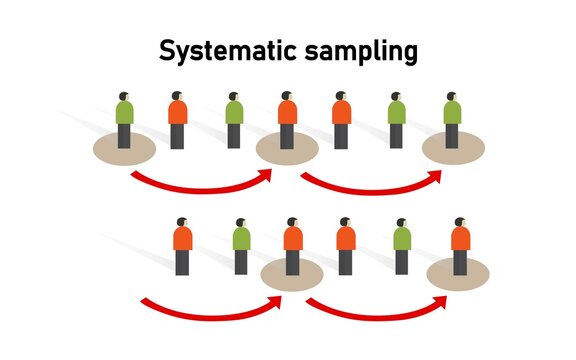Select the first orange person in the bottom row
(x=182, y=245)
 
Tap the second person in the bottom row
(x=241, y=245)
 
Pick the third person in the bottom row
(x=293, y=245)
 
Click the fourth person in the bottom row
(x=345, y=245)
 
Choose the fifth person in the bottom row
(x=401, y=245)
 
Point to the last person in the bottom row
(x=460, y=245)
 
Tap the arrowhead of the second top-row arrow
(x=437, y=175)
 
